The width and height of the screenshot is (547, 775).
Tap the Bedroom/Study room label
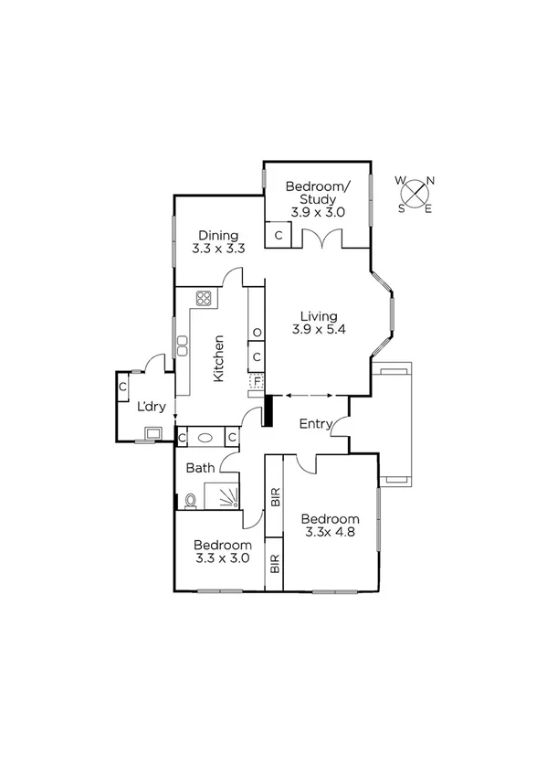317,193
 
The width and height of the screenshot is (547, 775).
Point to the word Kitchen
219,357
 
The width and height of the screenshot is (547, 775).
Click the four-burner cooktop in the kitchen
204,297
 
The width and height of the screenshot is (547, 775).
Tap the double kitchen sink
183,345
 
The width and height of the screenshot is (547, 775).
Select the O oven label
257,332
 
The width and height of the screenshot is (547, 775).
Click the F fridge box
257,377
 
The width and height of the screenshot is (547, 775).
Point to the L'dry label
151,407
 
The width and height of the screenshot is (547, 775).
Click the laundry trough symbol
153,433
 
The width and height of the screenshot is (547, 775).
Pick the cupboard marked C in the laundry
122,387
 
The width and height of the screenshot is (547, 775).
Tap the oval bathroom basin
207,438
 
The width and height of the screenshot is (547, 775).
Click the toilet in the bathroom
189,500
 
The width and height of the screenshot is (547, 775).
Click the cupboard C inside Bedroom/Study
279,235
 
